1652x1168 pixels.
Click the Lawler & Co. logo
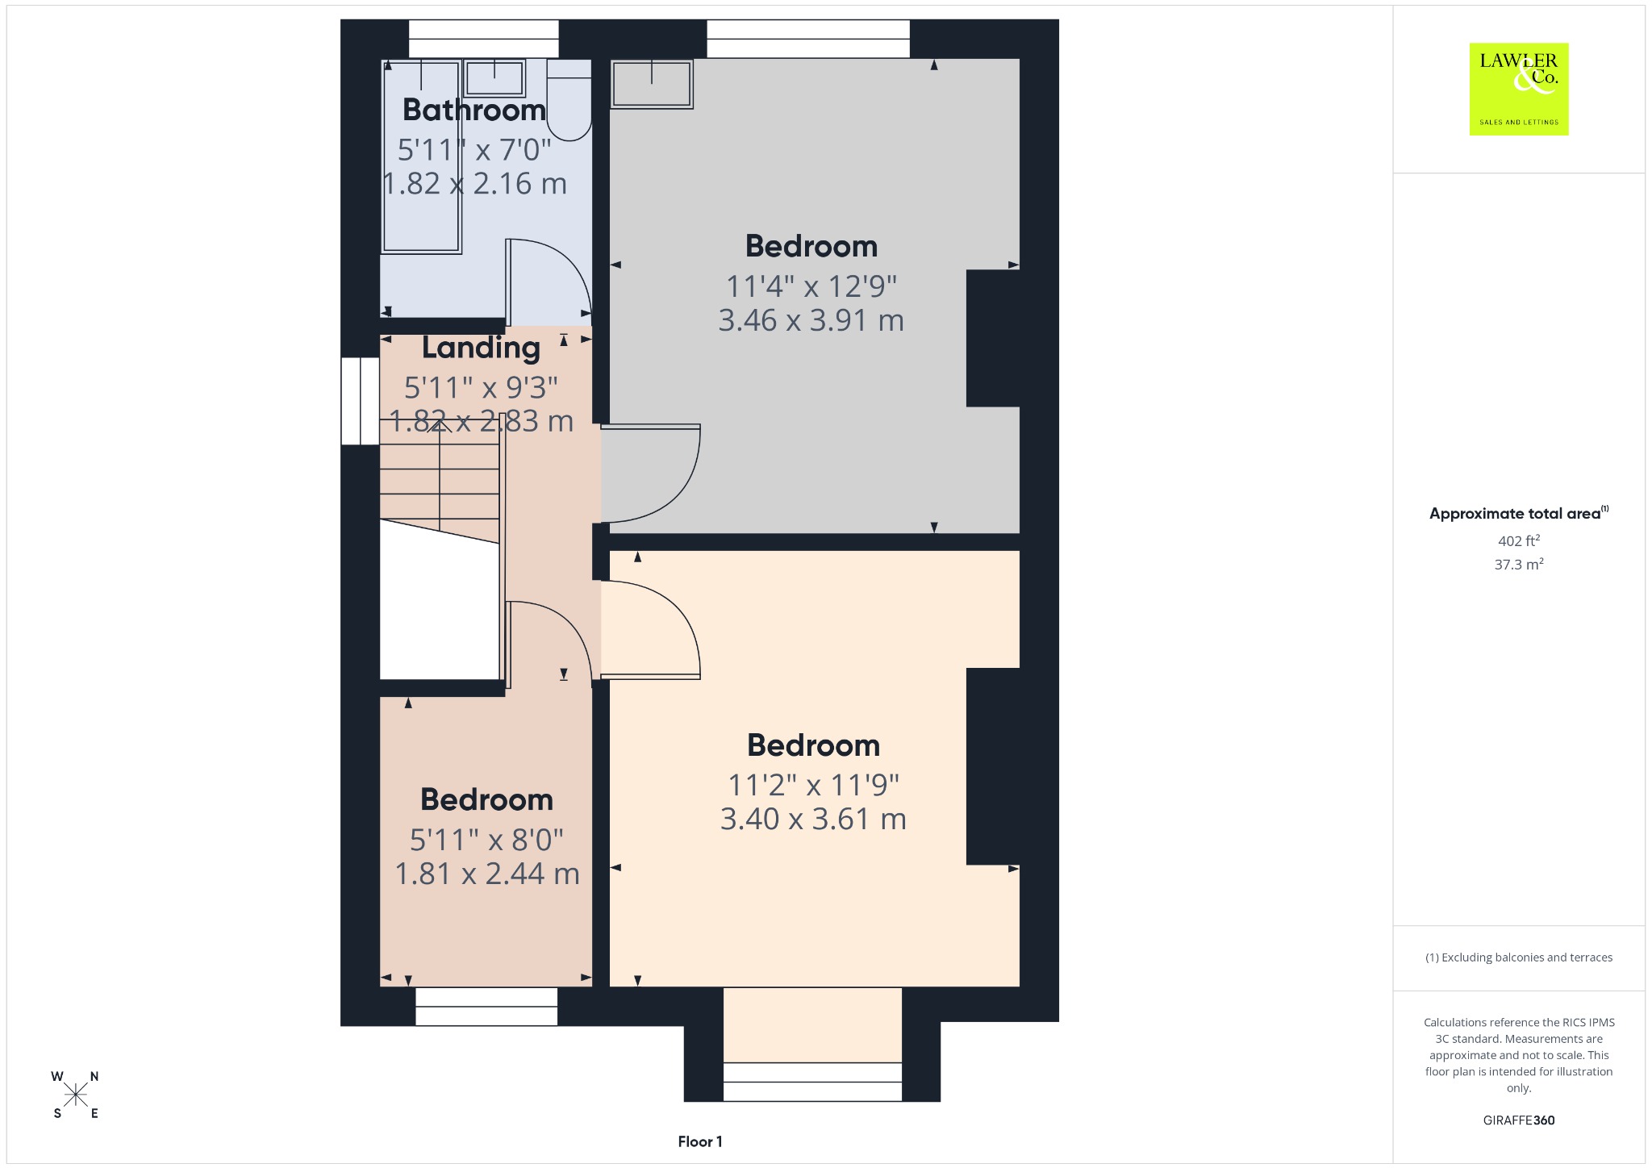[1518, 89]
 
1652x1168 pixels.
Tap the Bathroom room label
[474, 110]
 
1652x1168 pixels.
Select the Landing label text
[481, 348]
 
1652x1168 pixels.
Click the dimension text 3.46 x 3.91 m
[811, 320]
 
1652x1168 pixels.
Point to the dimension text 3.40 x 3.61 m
[813, 819]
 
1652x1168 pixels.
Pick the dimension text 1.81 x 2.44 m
[487, 874]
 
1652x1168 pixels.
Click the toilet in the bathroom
[569, 99]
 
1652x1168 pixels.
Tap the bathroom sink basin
[494, 78]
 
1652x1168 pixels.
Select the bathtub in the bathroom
[421, 156]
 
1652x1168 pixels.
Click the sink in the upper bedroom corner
[652, 84]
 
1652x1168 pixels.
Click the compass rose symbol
[76, 1095]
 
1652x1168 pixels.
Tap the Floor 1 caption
[700, 1141]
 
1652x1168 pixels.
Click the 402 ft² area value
[1519, 540]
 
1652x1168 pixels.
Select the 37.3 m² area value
[1519, 564]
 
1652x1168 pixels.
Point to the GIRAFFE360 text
[1519, 1120]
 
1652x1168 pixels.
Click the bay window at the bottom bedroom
[812, 1082]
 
